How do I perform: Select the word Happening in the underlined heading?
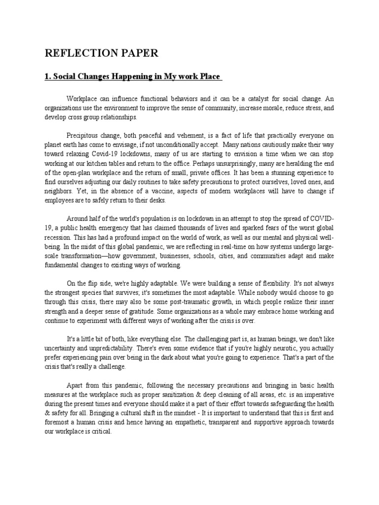pos(141,77)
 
